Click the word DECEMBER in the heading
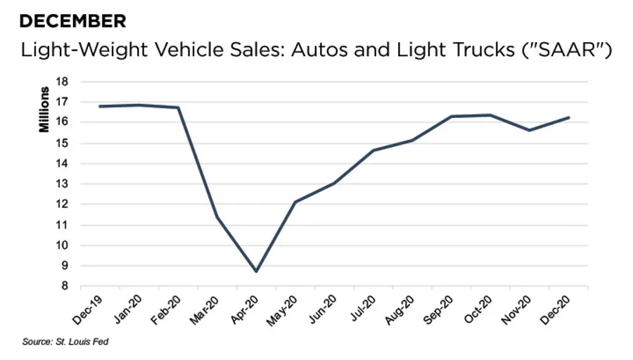(73, 22)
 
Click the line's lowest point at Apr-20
(256, 271)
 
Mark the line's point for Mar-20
(217, 217)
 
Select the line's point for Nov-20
(530, 130)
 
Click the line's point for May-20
(295, 202)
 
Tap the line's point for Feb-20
(179, 108)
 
